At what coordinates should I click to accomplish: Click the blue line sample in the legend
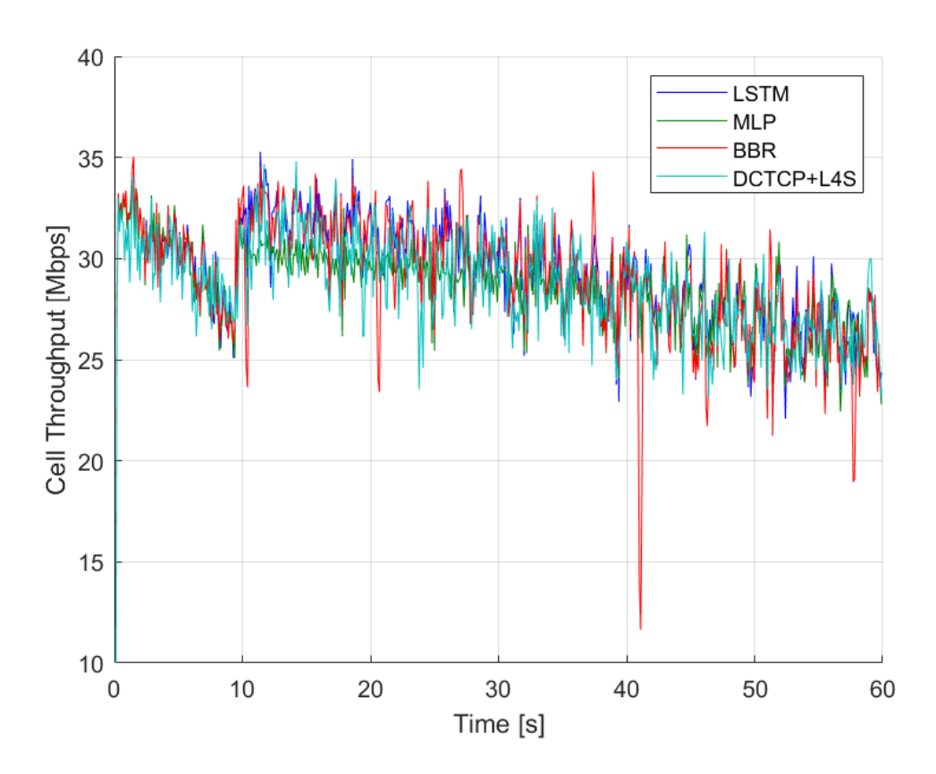[x=689, y=92]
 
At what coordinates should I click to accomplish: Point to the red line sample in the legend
[x=689, y=150]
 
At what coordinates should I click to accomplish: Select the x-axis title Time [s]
[x=498, y=724]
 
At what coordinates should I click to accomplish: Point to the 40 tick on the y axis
[x=90, y=57]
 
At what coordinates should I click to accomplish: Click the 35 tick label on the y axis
[x=90, y=158]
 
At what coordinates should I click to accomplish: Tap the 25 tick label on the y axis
[x=90, y=360]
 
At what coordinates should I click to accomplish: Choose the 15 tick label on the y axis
[x=90, y=562]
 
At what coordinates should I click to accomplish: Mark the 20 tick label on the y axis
[x=90, y=461]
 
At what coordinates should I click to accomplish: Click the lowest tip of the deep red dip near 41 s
[x=640, y=628]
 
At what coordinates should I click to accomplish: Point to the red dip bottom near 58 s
[x=854, y=481]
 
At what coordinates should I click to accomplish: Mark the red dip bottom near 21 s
[x=379, y=391]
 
